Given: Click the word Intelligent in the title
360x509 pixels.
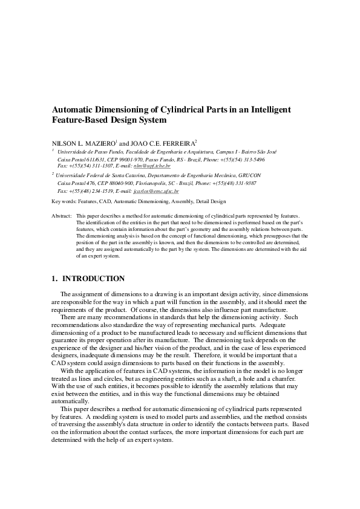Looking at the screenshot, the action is (x=252, y=109).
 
